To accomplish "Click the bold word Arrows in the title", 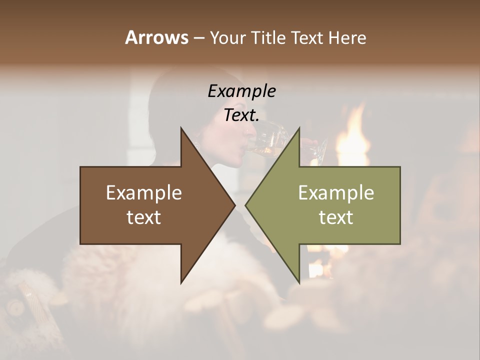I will point(156,37).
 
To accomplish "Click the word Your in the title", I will point(227,37).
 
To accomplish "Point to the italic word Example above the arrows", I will point(241,91).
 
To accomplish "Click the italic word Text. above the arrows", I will point(241,115).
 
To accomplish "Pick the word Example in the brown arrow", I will point(144,193).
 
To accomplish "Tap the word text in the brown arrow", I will point(144,217).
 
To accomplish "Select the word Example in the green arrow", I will point(336,193).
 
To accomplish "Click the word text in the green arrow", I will point(336,217).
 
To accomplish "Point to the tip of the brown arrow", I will point(235,205).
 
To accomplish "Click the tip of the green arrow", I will point(245,205).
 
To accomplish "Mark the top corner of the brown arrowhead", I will point(181,128).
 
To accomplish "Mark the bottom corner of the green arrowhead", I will point(299,283).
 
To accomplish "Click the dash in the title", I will point(198,38).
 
